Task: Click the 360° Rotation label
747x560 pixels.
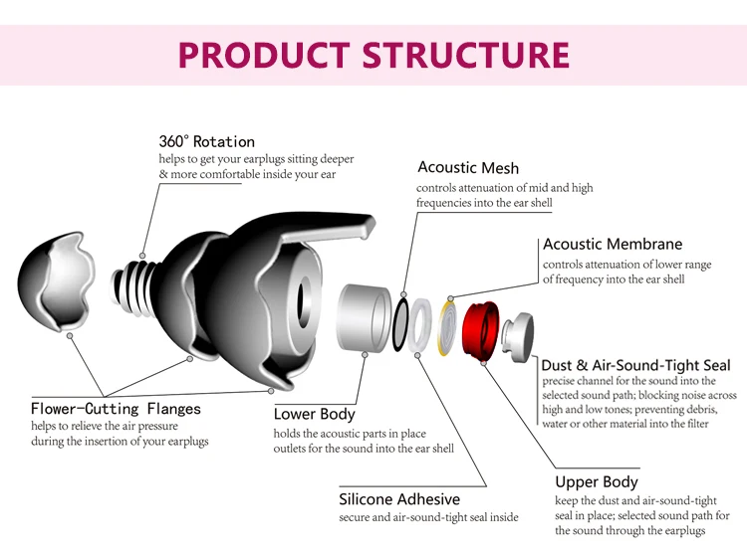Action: pyautogui.click(x=206, y=141)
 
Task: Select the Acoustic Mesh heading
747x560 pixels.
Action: pyautogui.click(x=468, y=167)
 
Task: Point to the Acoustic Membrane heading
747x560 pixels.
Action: pyautogui.click(x=613, y=244)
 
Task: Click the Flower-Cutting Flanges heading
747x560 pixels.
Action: pyautogui.click(x=116, y=408)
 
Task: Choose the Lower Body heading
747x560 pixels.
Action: pyautogui.click(x=314, y=414)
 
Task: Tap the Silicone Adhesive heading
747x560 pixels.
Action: pyautogui.click(x=399, y=499)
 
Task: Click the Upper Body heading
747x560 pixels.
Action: pyautogui.click(x=597, y=482)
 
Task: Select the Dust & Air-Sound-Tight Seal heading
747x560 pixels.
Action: pyautogui.click(x=635, y=365)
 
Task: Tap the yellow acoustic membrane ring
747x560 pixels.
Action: pyautogui.click(x=445, y=326)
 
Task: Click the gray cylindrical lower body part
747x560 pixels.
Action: pyautogui.click(x=363, y=317)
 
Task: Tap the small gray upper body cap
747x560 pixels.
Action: pyautogui.click(x=520, y=337)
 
